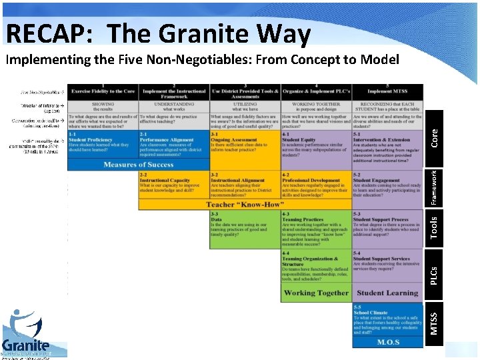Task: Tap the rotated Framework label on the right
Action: [433, 188]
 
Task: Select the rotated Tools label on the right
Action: [434, 227]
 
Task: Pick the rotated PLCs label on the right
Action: [434, 274]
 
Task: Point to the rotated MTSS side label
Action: [434, 324]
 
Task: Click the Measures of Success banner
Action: [138, 165]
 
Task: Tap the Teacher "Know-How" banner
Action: [245, 205]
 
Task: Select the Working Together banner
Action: [316, 293]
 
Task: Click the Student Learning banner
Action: [387, 293]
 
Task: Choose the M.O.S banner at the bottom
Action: [387, 342]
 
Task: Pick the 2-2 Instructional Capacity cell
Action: [173, 185]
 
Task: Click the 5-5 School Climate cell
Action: [387, 320]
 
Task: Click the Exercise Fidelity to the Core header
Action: [103, 91]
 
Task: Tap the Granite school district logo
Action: [27, 333]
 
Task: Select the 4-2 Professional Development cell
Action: [316, 185]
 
